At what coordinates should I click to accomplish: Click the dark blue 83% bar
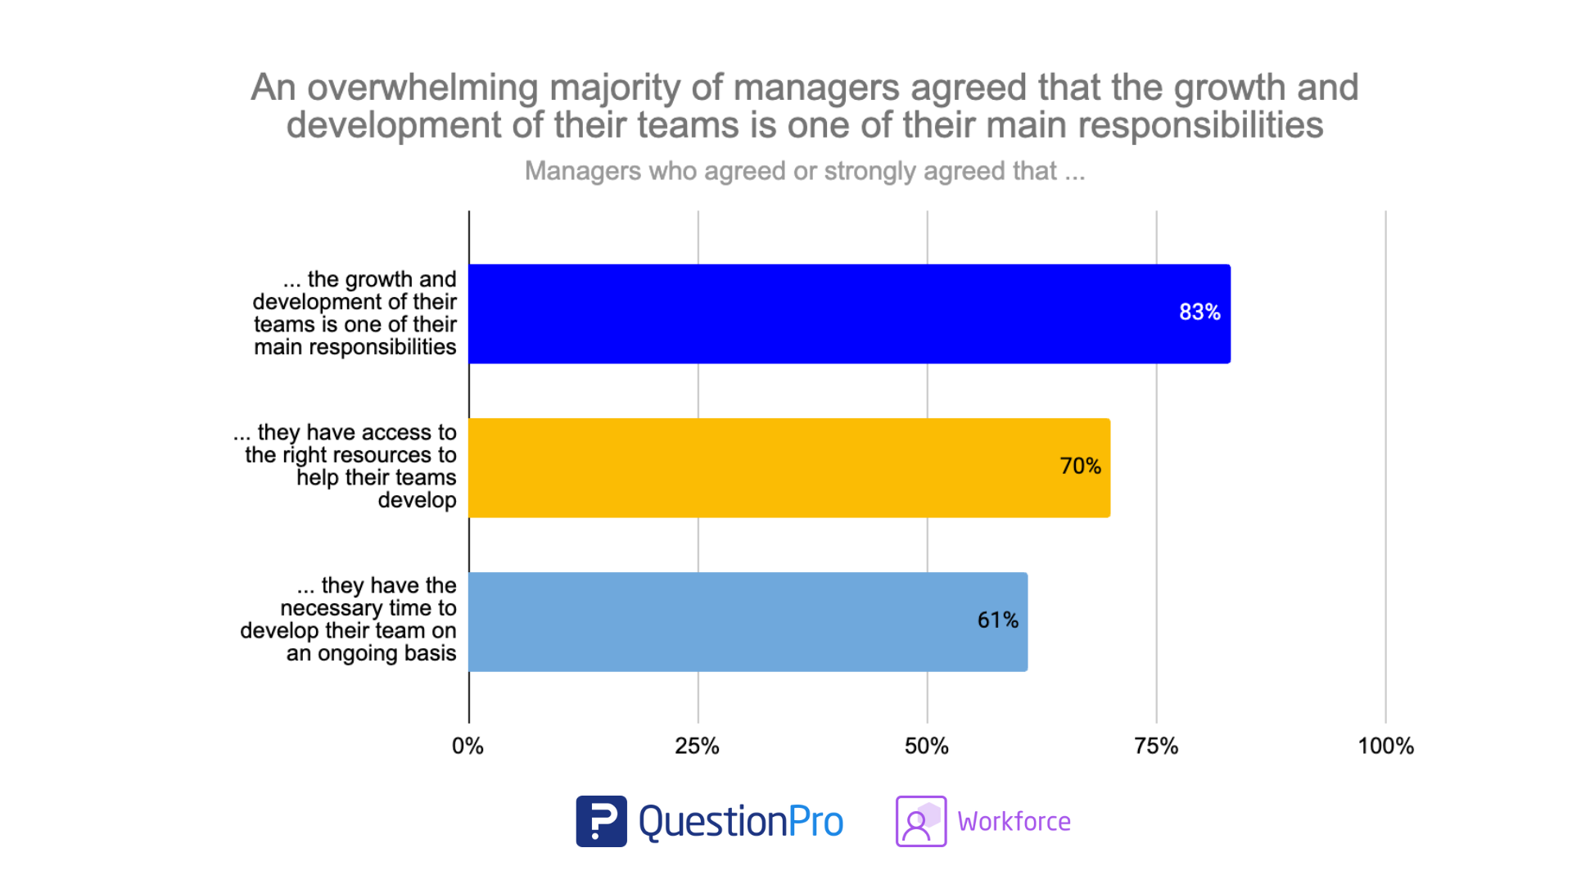point(849,313)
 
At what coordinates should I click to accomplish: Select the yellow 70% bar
point(789,467)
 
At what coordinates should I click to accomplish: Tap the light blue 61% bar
point(748,621)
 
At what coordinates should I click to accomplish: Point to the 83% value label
point(1199,312)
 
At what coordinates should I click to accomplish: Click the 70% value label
point(1080,466)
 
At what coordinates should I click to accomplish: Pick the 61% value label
point(997,620)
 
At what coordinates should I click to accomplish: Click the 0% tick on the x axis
point(468,746)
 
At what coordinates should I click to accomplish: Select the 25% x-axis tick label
point(697,746)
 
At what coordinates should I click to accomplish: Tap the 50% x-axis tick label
point(926,746)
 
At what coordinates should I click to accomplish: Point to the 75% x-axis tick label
point(1155,746)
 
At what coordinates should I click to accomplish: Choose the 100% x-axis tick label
point(1385,746)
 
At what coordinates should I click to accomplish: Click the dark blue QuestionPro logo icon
point(601,821)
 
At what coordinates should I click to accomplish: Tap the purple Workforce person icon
point(920,821)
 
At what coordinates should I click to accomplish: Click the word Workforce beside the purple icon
point(1014,821)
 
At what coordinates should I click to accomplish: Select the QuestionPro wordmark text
point(740,821)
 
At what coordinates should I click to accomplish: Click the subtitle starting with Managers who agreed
point(804,171)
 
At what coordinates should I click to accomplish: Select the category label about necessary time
point(349,620)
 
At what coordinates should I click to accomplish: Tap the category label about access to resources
point(346,466)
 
